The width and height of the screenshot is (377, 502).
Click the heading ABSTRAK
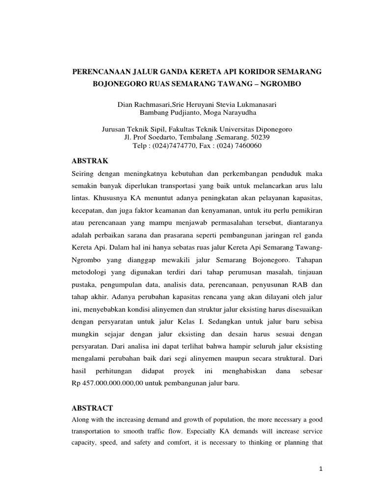91,161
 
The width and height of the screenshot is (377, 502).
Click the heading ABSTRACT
93,408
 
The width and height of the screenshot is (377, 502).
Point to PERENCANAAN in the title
100,72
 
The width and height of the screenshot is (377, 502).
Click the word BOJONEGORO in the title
119,84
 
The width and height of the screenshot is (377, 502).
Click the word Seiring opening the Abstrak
84,173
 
